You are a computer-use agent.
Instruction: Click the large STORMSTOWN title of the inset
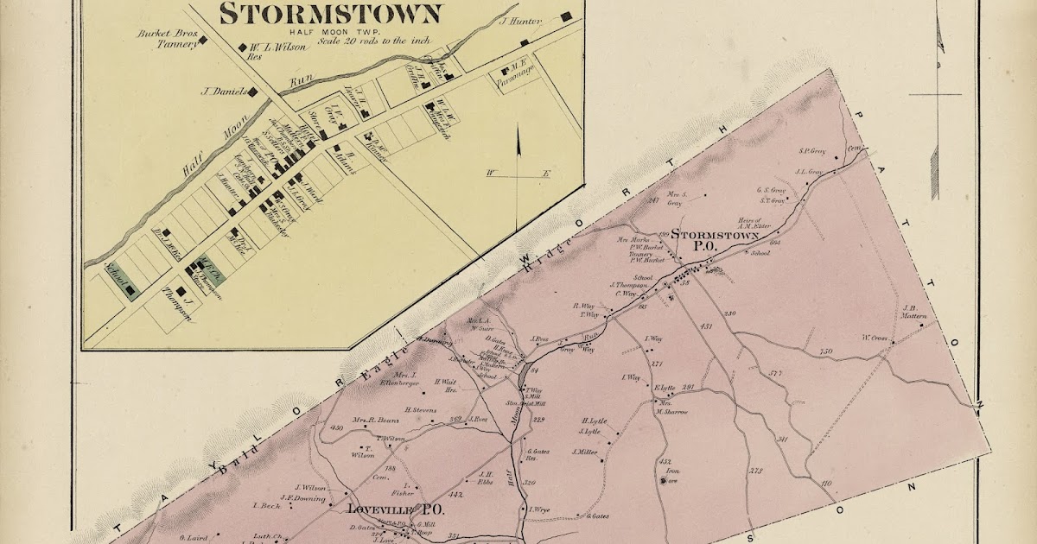tap(331, 13)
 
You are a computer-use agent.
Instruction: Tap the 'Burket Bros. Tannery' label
tap(165, 40)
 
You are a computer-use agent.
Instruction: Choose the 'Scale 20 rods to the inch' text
tap(374, 40)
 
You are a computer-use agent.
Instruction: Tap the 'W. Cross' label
tap(875, 337)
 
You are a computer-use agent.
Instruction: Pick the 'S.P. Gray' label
tap(812, 151)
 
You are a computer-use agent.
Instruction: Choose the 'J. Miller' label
tap(585, 451)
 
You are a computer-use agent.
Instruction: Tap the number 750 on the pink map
tap(825, 351)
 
